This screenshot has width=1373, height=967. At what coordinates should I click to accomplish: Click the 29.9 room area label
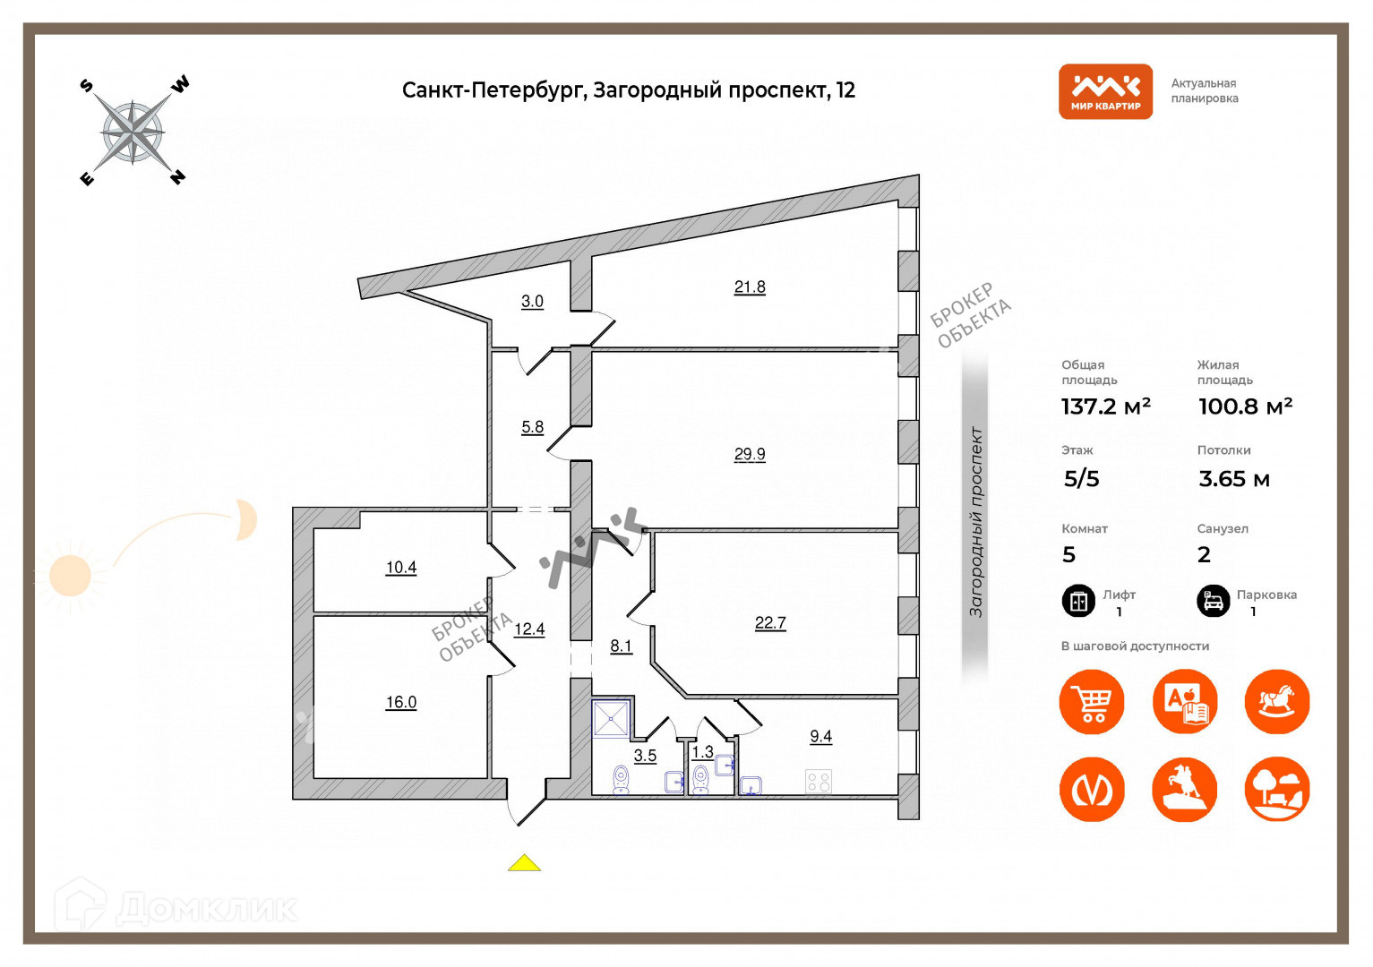[750, 454]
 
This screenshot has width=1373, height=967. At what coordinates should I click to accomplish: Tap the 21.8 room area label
[750, 287]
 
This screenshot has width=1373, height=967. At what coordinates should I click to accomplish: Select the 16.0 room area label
[401, 702]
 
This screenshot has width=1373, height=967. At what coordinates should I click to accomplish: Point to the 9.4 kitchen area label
[820, 736]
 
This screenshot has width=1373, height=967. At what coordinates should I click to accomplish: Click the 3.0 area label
[532, 301]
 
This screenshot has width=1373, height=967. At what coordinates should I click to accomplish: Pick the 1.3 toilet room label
[703, 752]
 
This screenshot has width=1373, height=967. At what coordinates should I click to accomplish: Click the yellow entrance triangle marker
[524, 863]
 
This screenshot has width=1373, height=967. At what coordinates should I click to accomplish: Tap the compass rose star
[133, 133]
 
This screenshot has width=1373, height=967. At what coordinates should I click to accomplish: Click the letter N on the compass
[178, 176]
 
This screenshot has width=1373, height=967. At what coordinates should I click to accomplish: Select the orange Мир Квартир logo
[1105, 91]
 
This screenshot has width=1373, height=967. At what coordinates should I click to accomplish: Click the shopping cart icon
[1092, 702]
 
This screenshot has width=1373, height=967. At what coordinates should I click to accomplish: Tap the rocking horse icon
[1277, 702]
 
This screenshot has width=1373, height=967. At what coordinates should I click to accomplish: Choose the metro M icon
[1092, 790]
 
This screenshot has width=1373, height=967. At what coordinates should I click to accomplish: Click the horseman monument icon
[1184, 790]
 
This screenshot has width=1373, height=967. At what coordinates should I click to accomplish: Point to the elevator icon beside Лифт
[1078, 601]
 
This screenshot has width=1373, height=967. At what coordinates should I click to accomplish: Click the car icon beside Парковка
[1214, 601]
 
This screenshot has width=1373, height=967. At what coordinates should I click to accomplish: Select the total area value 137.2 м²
[1106, 406]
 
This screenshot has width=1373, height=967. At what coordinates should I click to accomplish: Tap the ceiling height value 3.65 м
[1234, 479]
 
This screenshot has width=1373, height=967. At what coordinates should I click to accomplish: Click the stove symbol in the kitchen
[819, 782]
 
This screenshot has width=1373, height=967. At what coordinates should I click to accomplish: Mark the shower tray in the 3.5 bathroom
[611, 719]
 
